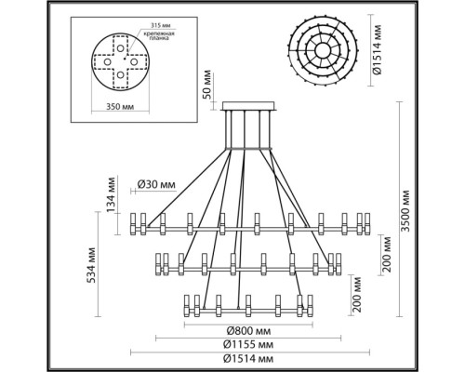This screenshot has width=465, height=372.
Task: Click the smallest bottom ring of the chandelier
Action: [246, 304]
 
